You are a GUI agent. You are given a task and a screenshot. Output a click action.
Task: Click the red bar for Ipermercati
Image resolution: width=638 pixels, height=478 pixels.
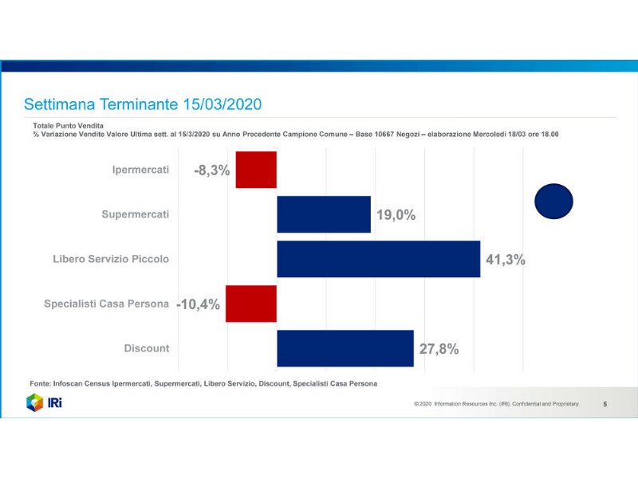[x=256, y=170]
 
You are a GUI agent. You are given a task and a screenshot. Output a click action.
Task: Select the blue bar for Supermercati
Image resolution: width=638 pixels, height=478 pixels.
[x=323, y=214]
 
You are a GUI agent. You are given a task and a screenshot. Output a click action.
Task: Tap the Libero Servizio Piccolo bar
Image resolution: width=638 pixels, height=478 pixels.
[x=378, y=259]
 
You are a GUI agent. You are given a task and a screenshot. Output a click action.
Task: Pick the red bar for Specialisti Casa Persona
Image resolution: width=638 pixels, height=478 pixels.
[x=251, y=304]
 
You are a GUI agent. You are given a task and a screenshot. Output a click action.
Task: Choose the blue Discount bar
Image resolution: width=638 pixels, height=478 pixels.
[x=345, y=348]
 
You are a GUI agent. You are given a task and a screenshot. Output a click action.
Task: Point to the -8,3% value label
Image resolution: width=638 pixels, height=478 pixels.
[x=211, y=170]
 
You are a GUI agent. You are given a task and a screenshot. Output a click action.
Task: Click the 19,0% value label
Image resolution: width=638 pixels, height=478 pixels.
[x=396, y=215]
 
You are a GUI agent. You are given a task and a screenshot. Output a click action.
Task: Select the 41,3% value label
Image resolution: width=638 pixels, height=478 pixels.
[x=505, y=260]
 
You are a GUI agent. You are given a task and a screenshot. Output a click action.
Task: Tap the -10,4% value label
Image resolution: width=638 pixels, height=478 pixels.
[x=198, y=304]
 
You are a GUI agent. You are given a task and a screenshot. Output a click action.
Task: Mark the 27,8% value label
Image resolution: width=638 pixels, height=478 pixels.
[x=439, y=349]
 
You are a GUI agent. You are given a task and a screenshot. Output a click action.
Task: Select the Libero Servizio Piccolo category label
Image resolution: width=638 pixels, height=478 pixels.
[x=111, y=259]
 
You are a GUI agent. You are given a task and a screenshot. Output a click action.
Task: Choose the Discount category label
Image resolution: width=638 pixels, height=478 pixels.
[x=147, y=348]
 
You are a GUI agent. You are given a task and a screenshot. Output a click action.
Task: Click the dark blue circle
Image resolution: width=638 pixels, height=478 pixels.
[x=553, y=201]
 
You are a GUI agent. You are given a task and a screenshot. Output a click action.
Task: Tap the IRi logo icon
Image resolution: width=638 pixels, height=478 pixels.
[x=34, y=403]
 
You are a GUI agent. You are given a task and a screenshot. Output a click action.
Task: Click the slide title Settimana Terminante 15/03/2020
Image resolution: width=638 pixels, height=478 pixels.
[x=143, y=104]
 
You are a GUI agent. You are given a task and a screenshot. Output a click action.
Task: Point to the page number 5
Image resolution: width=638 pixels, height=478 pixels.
[x=605, y=405]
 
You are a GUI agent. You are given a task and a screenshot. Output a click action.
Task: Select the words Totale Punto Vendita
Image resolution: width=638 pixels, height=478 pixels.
[x=61, y=126]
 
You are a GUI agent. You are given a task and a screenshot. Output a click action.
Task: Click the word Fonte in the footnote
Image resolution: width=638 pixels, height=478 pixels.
[x=41, y=383]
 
